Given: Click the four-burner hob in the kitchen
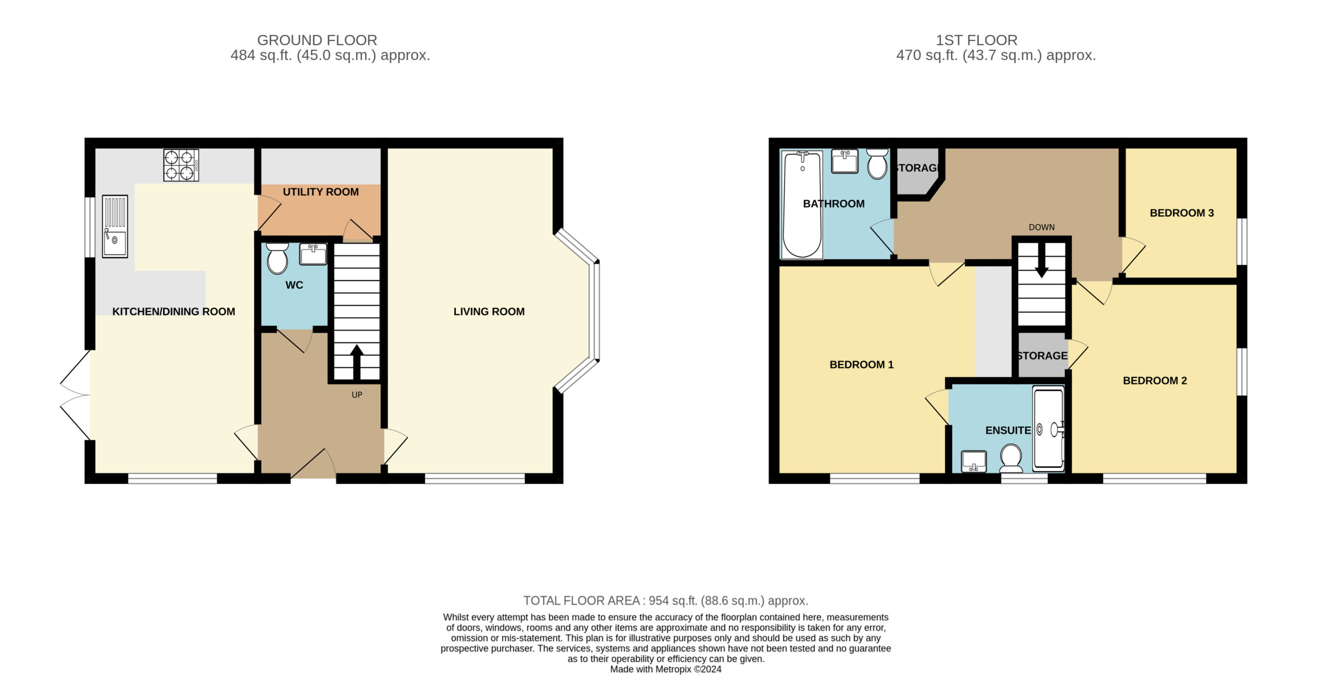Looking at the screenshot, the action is point(181,165).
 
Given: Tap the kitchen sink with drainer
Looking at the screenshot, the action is point(115,226).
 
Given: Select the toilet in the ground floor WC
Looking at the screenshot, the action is point(277,258).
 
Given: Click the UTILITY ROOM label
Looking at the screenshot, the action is point(321,192).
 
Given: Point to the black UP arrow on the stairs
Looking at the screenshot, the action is point(357,362).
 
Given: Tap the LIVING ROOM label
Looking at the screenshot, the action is point(489,312).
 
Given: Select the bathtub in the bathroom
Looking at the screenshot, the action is point(802,205).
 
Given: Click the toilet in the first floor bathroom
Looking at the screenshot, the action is point(877,164).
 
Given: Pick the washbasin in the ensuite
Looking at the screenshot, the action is point(974,461).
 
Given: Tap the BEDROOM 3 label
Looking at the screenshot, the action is point(1182,213).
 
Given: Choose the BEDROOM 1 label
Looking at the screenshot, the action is point(862,365).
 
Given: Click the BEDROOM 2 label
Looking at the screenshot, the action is point(1155,381).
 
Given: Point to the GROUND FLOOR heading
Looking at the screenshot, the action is point(317,40).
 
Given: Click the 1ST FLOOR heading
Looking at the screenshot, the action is point(977,40).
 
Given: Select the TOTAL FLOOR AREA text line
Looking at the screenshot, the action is point(665,601).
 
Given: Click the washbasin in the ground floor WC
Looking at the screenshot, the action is point(313,254).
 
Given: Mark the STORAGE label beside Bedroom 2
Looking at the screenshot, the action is point(1042,356).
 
